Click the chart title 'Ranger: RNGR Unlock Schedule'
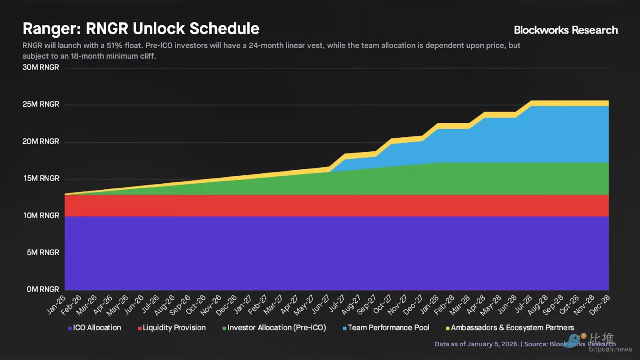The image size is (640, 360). click(x=141, y=29)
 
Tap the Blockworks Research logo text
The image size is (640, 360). click(x=566, y=30)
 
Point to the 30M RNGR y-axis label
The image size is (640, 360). click(x=41, y=67)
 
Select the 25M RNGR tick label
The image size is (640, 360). click(x=41, y=104)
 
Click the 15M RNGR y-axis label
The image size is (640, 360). click(x=41, y=178)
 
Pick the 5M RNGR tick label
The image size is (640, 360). click(x=43, y=252)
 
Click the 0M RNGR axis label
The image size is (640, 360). click(x=43, y=289)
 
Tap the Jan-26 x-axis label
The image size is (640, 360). click(x=56, y=305)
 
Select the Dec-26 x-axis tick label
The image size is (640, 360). click(x=227, y=305)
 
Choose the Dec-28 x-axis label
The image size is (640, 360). click(x=600, y=305)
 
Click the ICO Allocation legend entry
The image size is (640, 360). click(x=95, y=328)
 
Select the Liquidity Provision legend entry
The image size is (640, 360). click(x=172, y=328)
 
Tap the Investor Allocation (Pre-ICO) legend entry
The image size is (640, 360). click(x=274, y=328)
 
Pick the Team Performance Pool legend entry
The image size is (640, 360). click(x=386, y=328)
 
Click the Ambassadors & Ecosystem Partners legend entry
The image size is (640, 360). click(x=510, y=328)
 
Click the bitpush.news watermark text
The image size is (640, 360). click(x=610, y=349)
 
